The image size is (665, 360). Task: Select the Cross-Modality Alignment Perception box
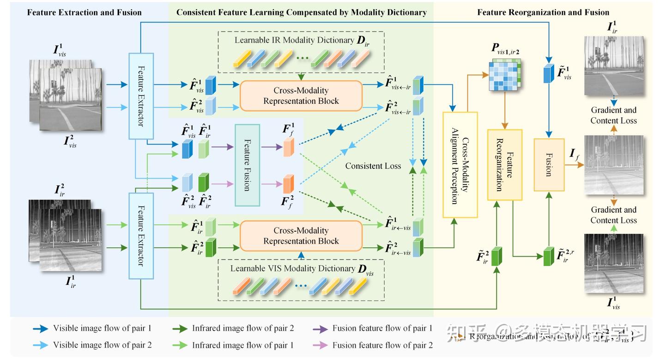[460, 164]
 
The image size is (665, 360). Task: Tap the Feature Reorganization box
[505, 164]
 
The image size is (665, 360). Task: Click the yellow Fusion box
[549, 164]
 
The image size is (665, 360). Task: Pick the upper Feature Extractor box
[140, 96]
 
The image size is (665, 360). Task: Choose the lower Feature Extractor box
[140, 236]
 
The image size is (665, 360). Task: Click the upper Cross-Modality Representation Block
[301, 96]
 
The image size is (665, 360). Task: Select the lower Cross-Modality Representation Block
[301, 235]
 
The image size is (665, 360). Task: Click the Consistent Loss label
[373, 166]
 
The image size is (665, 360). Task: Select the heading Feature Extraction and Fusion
[85, 12]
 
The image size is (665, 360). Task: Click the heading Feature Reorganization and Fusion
[543, 12]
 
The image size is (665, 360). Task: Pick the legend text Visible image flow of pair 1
[102, 329]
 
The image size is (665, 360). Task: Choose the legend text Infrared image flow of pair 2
[243, 329]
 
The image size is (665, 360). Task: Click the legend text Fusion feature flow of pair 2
[382, 345]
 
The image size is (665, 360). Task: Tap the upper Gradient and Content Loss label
[613, 115]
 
